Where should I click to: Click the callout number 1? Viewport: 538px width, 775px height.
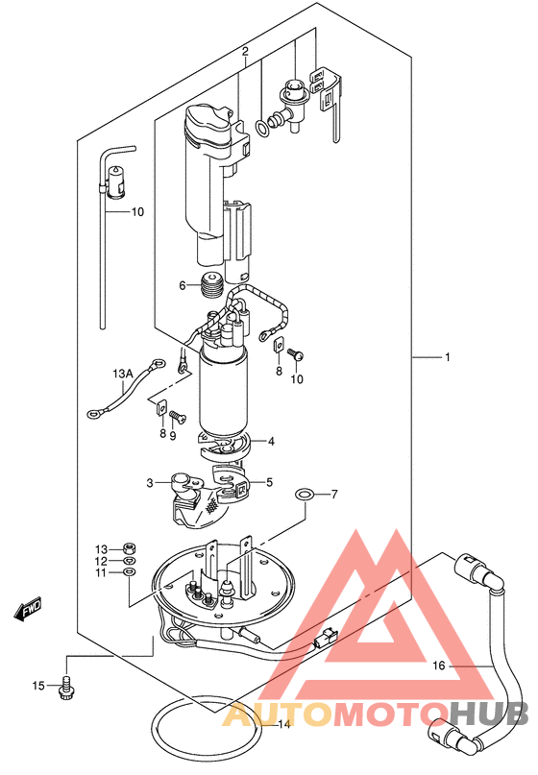click(448, 356)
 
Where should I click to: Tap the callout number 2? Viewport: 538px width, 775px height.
click(245, 52)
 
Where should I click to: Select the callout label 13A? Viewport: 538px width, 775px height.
click(123, 375)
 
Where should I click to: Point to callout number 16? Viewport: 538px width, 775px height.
click(439, 666)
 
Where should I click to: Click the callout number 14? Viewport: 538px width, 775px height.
click(283, 725)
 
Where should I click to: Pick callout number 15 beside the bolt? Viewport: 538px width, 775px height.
click(38, 686)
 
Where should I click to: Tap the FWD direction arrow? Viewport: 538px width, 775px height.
click(27, 608)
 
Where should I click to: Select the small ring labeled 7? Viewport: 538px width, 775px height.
click(304, 494)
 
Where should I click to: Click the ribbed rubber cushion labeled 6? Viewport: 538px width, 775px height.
click(212, 285)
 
